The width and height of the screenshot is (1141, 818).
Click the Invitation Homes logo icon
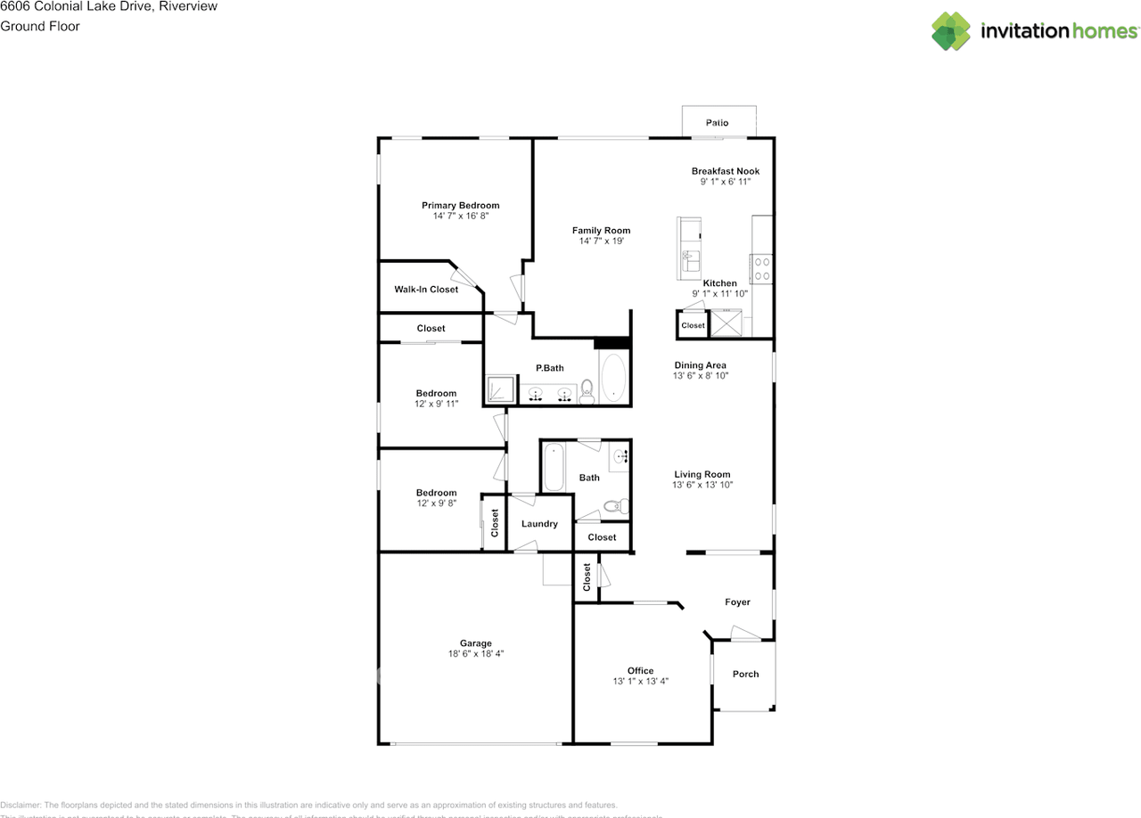[x=950, y=31]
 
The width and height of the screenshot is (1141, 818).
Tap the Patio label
[x=717, y=123]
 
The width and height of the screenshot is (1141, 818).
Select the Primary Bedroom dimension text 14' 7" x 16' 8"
[x=460, y=217]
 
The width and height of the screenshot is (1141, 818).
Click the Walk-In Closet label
[x=426, y=290]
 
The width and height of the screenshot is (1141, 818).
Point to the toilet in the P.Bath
[x=587, y=392]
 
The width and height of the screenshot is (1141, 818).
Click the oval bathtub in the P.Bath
[x=613, y=379]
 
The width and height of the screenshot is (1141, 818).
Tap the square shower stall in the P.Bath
[x=500, y=389]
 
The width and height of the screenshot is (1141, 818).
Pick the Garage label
[x=475, y=643]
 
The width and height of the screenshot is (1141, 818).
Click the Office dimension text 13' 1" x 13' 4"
[x=640, y=682]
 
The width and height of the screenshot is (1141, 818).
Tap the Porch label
[x=745, y=674]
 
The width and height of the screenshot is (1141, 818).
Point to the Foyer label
[x=737, y=602]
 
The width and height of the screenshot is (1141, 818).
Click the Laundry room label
[x=539, y=524]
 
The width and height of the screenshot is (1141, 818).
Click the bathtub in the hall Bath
[x=553, y=467]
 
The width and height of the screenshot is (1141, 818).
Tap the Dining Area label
[x=700, y=365]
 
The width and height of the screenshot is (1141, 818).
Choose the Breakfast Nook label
[x=725, y=171]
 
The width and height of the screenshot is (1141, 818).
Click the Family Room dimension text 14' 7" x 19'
[x=601, y=241]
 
